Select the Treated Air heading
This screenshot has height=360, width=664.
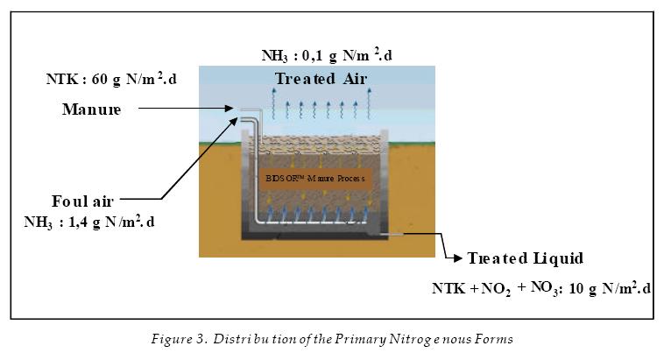[321, 79]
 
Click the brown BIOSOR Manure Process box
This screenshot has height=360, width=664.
[318, 178]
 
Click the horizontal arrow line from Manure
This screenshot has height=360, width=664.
[184, 109]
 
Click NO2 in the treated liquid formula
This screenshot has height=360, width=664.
[494, 289]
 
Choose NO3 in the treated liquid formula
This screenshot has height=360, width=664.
[542, 288]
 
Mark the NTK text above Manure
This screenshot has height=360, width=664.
[60, 80]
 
